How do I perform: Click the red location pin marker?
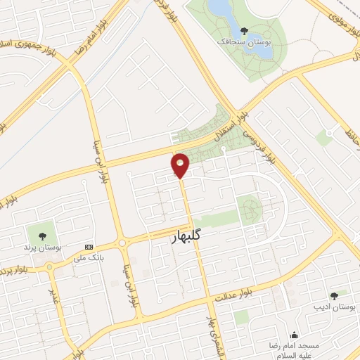click(x=181, y=165)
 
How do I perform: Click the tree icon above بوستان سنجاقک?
click(x=244, y=31)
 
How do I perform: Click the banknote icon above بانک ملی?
click(x=89, y=247)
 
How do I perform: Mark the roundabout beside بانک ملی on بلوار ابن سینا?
click(x=123, y=243)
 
